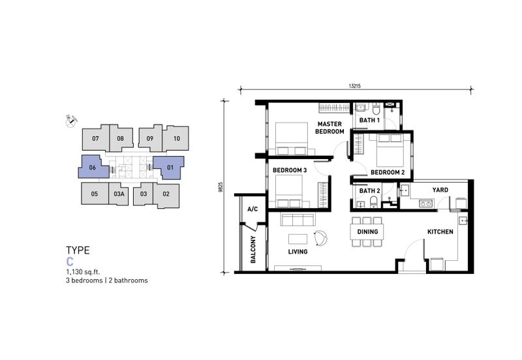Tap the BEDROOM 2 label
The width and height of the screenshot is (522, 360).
[388, 173]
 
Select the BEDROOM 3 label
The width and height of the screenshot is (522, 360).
[290, 170]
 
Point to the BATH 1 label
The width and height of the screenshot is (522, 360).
[369, 121]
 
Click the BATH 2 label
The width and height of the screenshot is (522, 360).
[369, 190]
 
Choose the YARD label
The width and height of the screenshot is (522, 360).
[440, 190]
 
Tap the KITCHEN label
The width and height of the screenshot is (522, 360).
[440, 232]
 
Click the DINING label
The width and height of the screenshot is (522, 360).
[367, 232]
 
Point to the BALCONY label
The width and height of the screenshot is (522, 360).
[254, 251]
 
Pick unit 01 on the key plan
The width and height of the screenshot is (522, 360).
[170, 168]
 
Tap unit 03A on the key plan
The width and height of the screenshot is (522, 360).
[119, 194]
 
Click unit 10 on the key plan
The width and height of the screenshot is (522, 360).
[176, 139]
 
